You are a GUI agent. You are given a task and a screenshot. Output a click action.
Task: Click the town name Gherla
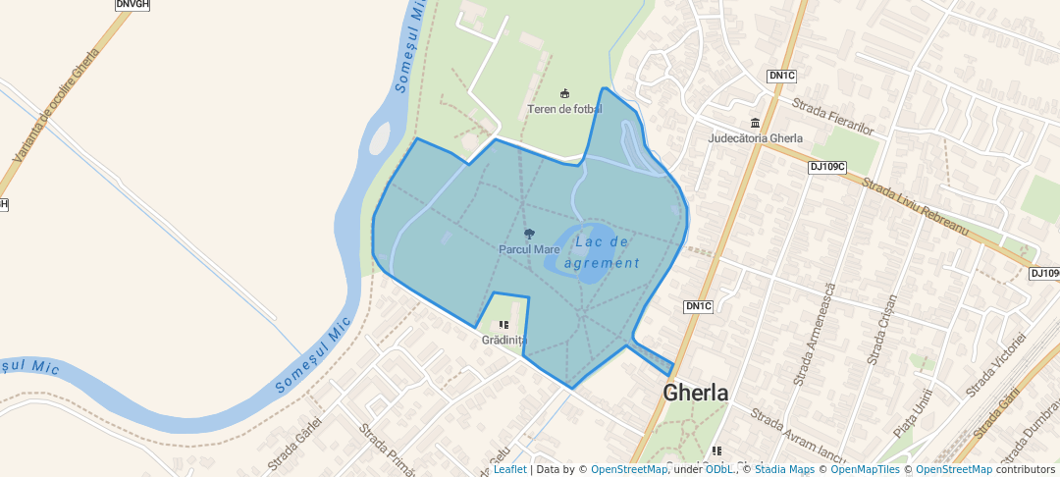[x=696, y=393]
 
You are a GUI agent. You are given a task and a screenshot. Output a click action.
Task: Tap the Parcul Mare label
[x=529, y=249]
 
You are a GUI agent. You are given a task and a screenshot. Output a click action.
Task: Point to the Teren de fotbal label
[x=564, y=109]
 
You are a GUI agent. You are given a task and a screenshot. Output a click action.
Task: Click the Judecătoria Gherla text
[x=755, y=138]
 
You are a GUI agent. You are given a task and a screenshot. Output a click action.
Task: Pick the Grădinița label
[x=503, y=341]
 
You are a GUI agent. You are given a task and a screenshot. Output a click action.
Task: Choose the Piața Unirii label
[x=912, y=411]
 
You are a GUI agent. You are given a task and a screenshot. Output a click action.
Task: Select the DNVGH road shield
[x=132, y=4]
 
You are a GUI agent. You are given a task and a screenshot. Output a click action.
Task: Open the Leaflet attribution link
[x=509, y=469]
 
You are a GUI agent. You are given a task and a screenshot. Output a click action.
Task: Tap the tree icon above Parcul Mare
[x=529, y=235]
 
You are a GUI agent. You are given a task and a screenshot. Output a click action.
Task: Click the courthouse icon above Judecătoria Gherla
[x=755, y=123]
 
